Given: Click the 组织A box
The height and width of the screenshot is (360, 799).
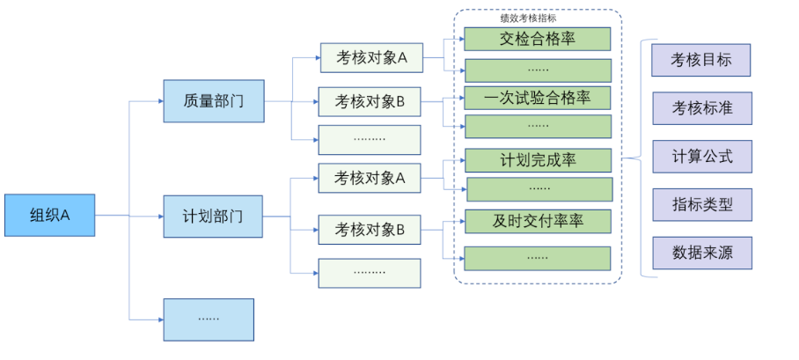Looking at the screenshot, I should (x=49, y=215).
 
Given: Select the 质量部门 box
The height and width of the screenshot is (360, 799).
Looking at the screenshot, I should (x=213, y=100).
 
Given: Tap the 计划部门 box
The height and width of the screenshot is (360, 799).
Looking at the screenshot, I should (x=213, y=216).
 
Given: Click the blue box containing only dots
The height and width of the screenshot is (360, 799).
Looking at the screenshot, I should (x=209, y=319).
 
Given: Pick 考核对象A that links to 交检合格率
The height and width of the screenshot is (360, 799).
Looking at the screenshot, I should (x=370, y=58).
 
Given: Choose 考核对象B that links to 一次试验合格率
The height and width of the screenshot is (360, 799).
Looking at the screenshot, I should (x=370, y=102).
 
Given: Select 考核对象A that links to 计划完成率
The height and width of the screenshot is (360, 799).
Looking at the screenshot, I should (x=370, y=179).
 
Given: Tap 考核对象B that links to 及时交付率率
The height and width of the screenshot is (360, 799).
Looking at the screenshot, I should (x=370, y=230).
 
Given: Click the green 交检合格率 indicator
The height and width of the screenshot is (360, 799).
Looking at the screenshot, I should (x=537, y=39).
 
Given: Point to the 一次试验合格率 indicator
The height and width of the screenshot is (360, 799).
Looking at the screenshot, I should (x=537, y=98).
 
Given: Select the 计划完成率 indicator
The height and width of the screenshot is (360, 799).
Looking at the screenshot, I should (x=538, y=160).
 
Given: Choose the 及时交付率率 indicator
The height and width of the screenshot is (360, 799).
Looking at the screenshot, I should (x=538, y=221).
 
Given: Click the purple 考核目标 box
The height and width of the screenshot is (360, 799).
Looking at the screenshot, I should (x=702, y=60).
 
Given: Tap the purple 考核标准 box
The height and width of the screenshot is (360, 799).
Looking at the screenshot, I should (x=702, y=108).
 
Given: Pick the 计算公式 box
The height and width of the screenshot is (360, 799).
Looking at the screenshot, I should (x=702, y=157).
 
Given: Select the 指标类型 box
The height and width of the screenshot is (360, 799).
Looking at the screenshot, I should (x=702, y=204).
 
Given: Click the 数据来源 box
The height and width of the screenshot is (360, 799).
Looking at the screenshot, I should (x=702, y=253).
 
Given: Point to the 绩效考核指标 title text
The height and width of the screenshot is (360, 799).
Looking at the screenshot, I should (x=528, y=18).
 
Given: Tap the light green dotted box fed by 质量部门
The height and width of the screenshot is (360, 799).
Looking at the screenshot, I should (x=370, y=139).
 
